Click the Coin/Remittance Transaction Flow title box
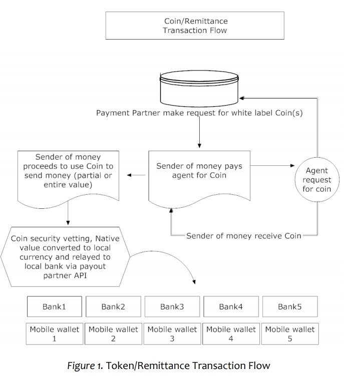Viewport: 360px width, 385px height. (194, 25)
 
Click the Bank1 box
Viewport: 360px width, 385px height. (55, 306)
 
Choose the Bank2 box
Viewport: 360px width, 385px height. (114, 306)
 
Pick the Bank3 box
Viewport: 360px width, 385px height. (172, 306)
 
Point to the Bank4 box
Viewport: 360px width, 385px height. (231, 306)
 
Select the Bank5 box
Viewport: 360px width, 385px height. (290, 306)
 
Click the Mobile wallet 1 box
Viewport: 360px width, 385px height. (55, 334)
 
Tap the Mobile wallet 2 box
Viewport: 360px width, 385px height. (114, 334)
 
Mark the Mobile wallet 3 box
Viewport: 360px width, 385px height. (172, 334)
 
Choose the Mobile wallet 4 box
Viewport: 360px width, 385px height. (231, 334)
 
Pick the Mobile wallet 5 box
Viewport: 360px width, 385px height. (290, 334)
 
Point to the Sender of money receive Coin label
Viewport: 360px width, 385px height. (244, 235)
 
